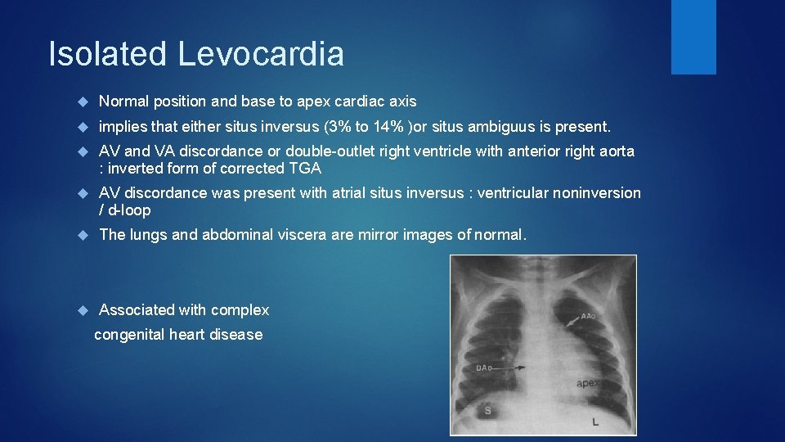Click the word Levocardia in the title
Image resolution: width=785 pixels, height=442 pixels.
coord(261,54)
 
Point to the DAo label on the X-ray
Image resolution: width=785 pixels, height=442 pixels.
coord(485,368)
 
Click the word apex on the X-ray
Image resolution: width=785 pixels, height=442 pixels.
coord(589,382)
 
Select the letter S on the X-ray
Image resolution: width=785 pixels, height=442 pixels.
coord(488,410)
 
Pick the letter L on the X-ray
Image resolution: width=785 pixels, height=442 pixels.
coord(595,422)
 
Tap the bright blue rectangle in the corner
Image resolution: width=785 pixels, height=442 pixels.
coord(693,36)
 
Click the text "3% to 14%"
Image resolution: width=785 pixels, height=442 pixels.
coord(366,127)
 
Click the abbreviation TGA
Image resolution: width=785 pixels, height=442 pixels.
coord(305,169)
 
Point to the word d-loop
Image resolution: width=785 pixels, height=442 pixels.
coord(129,210)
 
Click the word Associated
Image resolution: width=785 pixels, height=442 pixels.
coord(136,310)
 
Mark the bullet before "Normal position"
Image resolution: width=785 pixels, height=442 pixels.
coord(82,102)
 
